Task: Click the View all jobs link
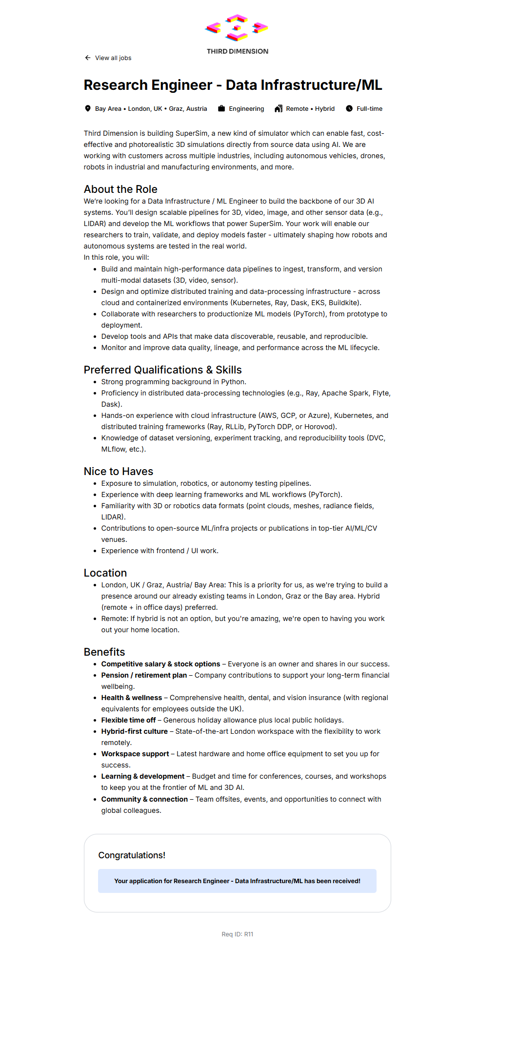pyautogui.click(x=113, y=58)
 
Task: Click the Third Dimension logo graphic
pyautogui.click(x=237, y=28)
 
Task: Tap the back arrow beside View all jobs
pyautogui.click(x=88, y=58)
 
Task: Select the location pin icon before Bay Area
pyautogui.click(x=88, y=108)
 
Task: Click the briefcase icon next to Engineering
pyautogui.click(x=221, y=108)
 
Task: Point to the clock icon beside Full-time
pyautogui.click(x=349, y=108)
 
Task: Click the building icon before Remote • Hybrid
pyautogui.click(x=279, y=108)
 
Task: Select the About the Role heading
pyautogui.click(x=120, y=189)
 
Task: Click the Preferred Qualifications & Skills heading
pyautogui.click(x=162, y=370)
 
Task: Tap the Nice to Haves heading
pyautogui.click(x=119, y=471)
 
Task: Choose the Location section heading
pyautogui.click(x=105, y=573)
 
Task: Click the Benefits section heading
pyautogui.click(x=104, y=652)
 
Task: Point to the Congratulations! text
pyautogui.click(x=132, y=855)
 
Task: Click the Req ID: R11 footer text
pyautogui.click(x=238, y=934)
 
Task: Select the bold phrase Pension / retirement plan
pyautogui.click(x=144, y=675)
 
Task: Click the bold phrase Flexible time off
pyautogui.click(x=128, y=720)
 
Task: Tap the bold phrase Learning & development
pyautogui.click(x=142, y=776)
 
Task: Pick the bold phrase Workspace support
pyautogui.click(x=135, y=754)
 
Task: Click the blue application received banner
pyautogui.click(x=237, y=881)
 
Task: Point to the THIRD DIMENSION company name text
pyautogui.click(x=238, y=51)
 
